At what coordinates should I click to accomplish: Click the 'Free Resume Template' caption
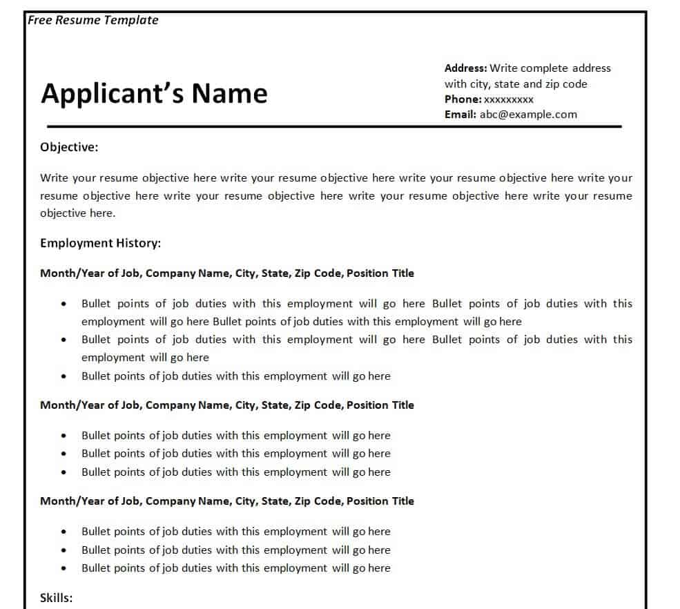[93, 20]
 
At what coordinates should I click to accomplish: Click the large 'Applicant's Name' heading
[154, 93]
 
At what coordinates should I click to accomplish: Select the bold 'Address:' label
[466, 68]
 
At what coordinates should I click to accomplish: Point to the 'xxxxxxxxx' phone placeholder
[509, 99]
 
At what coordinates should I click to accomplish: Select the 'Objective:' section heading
[69, 146]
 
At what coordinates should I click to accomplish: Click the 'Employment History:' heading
[100, 243]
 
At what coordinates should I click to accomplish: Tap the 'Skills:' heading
[56, 598]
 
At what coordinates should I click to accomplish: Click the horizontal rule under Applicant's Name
[334, 126]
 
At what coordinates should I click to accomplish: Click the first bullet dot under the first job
[64, 304]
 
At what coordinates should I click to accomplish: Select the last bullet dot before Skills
[64, 568]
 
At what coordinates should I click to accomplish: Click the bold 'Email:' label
[460, 115]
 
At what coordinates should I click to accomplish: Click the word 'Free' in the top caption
[39, 20]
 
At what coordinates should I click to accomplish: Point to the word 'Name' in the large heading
[229, 93]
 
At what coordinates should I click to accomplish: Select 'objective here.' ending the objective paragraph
[78, 213]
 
